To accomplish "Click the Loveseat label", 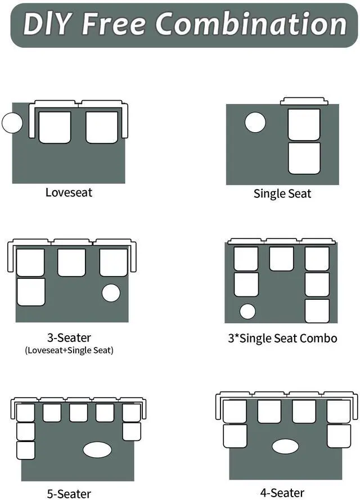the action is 69,192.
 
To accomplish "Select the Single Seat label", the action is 282,193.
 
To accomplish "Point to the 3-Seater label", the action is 69,338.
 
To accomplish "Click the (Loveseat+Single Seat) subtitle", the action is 69,350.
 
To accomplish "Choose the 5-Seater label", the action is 69,493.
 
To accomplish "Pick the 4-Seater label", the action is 282,493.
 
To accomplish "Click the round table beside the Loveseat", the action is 12,123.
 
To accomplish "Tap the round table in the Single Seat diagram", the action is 255,122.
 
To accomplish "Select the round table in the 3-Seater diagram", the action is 111,293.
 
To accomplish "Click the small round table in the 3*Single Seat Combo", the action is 247,311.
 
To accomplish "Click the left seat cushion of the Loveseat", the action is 55,128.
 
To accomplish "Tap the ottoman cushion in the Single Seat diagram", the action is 304,158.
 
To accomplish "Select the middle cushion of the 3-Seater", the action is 71,263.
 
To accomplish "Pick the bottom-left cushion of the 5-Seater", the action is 25,450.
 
